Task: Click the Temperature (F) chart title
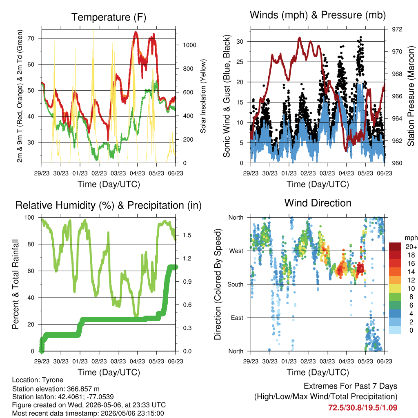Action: tap(109, 17)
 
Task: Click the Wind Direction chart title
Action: tap(318, 203)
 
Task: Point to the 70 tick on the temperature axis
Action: tap(31, 38)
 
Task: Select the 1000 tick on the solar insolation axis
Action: tap(189, 45)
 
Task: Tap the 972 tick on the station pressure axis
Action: tap(397, 29)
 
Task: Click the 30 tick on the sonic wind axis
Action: tap(240, 42)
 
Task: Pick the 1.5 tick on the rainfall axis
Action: tap(187, 235)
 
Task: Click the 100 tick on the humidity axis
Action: tap(29, 218)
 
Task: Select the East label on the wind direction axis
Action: tap(237, 318)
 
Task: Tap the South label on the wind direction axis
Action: tap(236, 285)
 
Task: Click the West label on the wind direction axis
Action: tap(236, 251)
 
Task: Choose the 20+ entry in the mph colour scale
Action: tap(411, 247)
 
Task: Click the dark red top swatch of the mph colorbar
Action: tap(395, 247)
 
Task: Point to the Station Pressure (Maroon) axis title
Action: tap(411, 96)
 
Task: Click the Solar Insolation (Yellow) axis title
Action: tap(203, 96)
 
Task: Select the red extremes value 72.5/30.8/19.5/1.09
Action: tap(362, 408)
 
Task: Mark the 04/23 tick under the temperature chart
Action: tap(137, 173)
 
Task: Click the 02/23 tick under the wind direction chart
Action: tap(308, 361)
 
